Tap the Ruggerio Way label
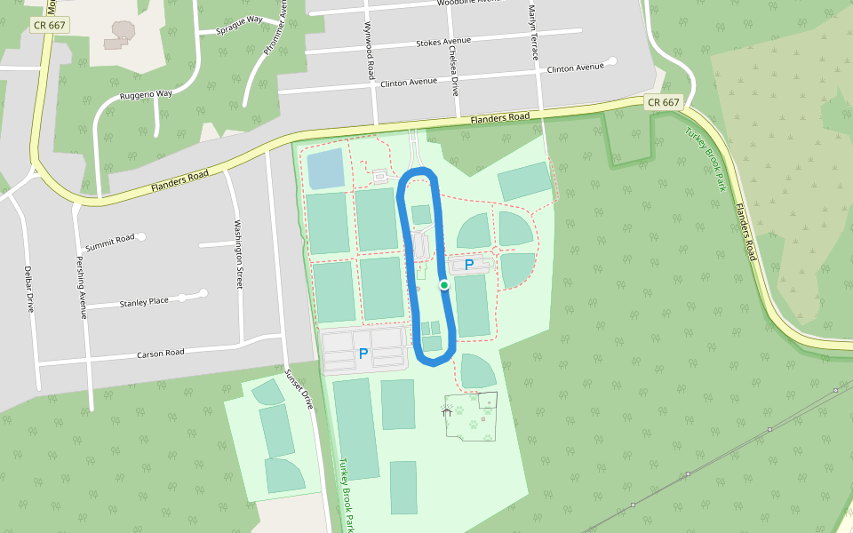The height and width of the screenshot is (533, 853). (147, 95)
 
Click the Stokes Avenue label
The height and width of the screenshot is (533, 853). (442, 42)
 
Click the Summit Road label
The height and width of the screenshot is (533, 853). (109, 242)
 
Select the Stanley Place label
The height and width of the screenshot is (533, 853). (144, 302)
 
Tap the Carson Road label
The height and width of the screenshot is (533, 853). (161, 353)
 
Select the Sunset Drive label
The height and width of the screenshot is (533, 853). (299, 387)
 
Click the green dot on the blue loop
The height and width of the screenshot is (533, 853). (443, 284)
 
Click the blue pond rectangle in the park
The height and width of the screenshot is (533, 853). (326, 168)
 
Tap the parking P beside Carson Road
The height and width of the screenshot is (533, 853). (363, 354)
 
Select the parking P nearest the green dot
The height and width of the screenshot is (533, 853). (469, 264)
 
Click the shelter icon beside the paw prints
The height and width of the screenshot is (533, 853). (448, 411)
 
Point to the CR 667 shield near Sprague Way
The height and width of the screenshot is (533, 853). (49, 25)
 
